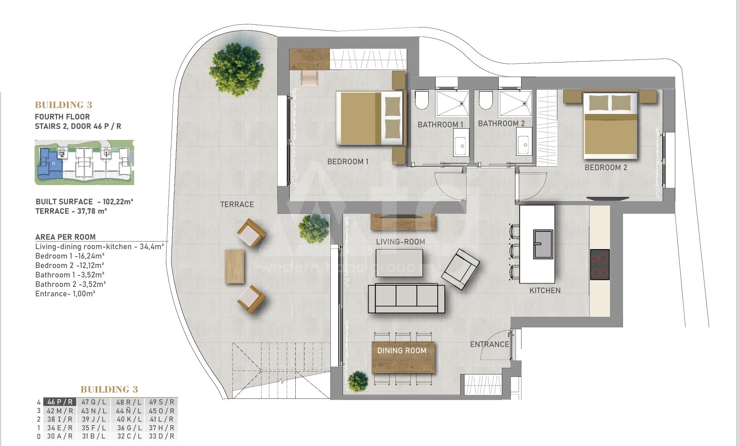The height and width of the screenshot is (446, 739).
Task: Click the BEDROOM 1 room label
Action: [348, 162]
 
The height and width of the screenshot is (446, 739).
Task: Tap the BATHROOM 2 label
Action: [501, 123]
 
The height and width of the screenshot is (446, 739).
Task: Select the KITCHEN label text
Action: [545, 290]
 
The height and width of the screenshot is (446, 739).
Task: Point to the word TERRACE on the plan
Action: [237, 204]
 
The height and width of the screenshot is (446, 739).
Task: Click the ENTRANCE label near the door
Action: [490, 344]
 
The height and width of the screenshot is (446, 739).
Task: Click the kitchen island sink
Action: [543, 244]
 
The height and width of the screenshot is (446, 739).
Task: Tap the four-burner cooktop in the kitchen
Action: [600, 264]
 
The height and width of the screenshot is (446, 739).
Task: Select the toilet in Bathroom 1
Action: [422, 100]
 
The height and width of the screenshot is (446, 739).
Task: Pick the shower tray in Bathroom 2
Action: [515, 103]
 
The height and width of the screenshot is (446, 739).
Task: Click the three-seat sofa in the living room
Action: [406, 298]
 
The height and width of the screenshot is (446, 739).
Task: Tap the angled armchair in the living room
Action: [461, 269]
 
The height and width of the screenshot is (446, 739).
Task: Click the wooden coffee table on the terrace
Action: [234, 266]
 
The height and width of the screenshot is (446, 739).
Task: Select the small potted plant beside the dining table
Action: [358, 381]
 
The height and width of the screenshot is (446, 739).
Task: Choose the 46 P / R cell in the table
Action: [60, 402]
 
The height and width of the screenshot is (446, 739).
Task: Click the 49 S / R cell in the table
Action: [161, 402]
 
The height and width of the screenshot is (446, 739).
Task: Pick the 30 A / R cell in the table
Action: [60, 436]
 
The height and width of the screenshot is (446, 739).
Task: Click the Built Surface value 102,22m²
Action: [118, 202]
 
